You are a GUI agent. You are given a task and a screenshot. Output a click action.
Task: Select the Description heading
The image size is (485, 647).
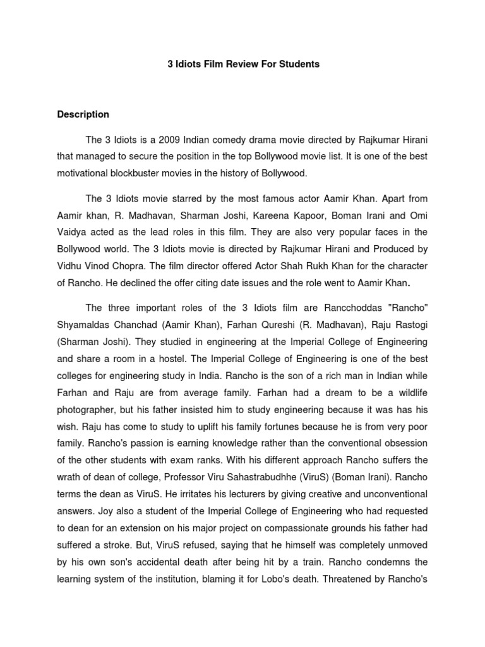point(83,114)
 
